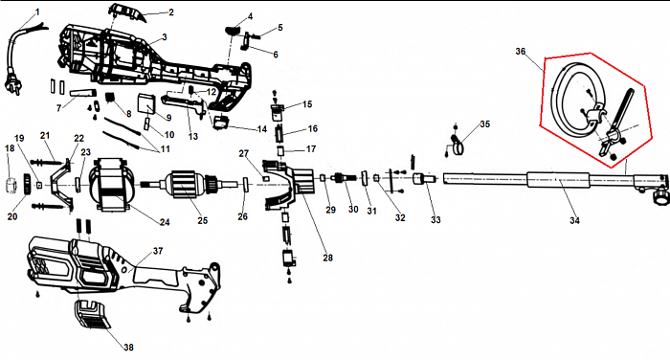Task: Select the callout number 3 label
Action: [164, 37]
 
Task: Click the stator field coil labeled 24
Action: [112, 184]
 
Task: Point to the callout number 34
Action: [574, 220]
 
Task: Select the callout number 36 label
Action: [520, 52]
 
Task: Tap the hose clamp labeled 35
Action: [458, 145]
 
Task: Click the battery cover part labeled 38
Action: [91, 314]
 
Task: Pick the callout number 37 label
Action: [158, 251]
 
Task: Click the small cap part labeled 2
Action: [127, 12]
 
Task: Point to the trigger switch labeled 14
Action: [220, 122]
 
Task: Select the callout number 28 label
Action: [327, 258]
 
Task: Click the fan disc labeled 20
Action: [27, 184]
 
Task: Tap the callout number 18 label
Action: [10, 148]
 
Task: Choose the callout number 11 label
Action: [165, 148]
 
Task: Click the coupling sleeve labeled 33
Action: [423, 179]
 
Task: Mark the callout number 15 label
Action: [307, 104]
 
